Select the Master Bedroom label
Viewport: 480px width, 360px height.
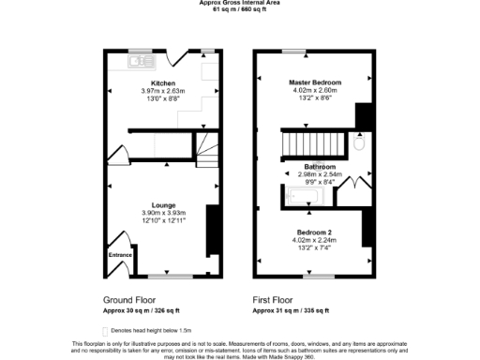click(x=314, y=82)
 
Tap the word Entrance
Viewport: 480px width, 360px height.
click(x=119, y=255)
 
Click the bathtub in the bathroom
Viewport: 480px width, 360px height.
click(x=304, y=196)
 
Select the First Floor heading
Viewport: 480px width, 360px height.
click(x=274, y=300)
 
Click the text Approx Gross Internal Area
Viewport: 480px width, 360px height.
click(x=240, y=3)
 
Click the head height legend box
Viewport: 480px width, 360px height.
click(x=105, y=331)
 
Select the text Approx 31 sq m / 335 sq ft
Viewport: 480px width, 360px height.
click(x=292, y=310)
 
